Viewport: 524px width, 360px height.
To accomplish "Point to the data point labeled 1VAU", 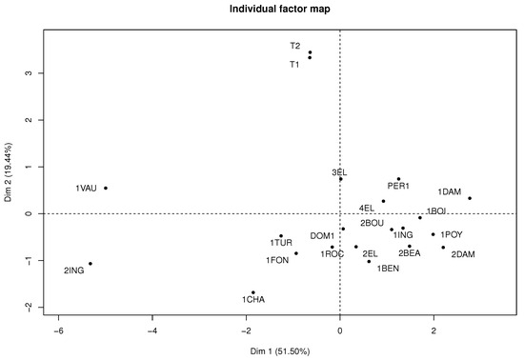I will (x=106, y=188).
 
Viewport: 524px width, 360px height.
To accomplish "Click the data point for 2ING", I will (x=90, y=264).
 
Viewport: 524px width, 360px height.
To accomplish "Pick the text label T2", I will (x=295, y=46).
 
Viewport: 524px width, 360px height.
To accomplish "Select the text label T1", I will (x=295, y=65).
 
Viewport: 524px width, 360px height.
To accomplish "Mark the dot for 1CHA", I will (x=252, y=292).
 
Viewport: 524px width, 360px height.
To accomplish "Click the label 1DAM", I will (x=450, y=192).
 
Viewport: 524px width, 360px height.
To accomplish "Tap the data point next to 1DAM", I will (x=470, y=198).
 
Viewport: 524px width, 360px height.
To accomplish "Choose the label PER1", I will (x=398, y=187).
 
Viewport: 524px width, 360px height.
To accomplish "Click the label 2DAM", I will (x=463, y=254).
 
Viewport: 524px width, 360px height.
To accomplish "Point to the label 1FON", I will (x=277, y=259).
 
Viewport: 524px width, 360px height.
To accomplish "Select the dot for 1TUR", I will (x=281, y=236).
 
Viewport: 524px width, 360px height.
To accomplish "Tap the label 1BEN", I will (x=388, y=269).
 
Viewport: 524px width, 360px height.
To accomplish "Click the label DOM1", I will (x=322, y=235).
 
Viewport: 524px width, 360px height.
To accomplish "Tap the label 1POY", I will (x=452, y=234).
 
